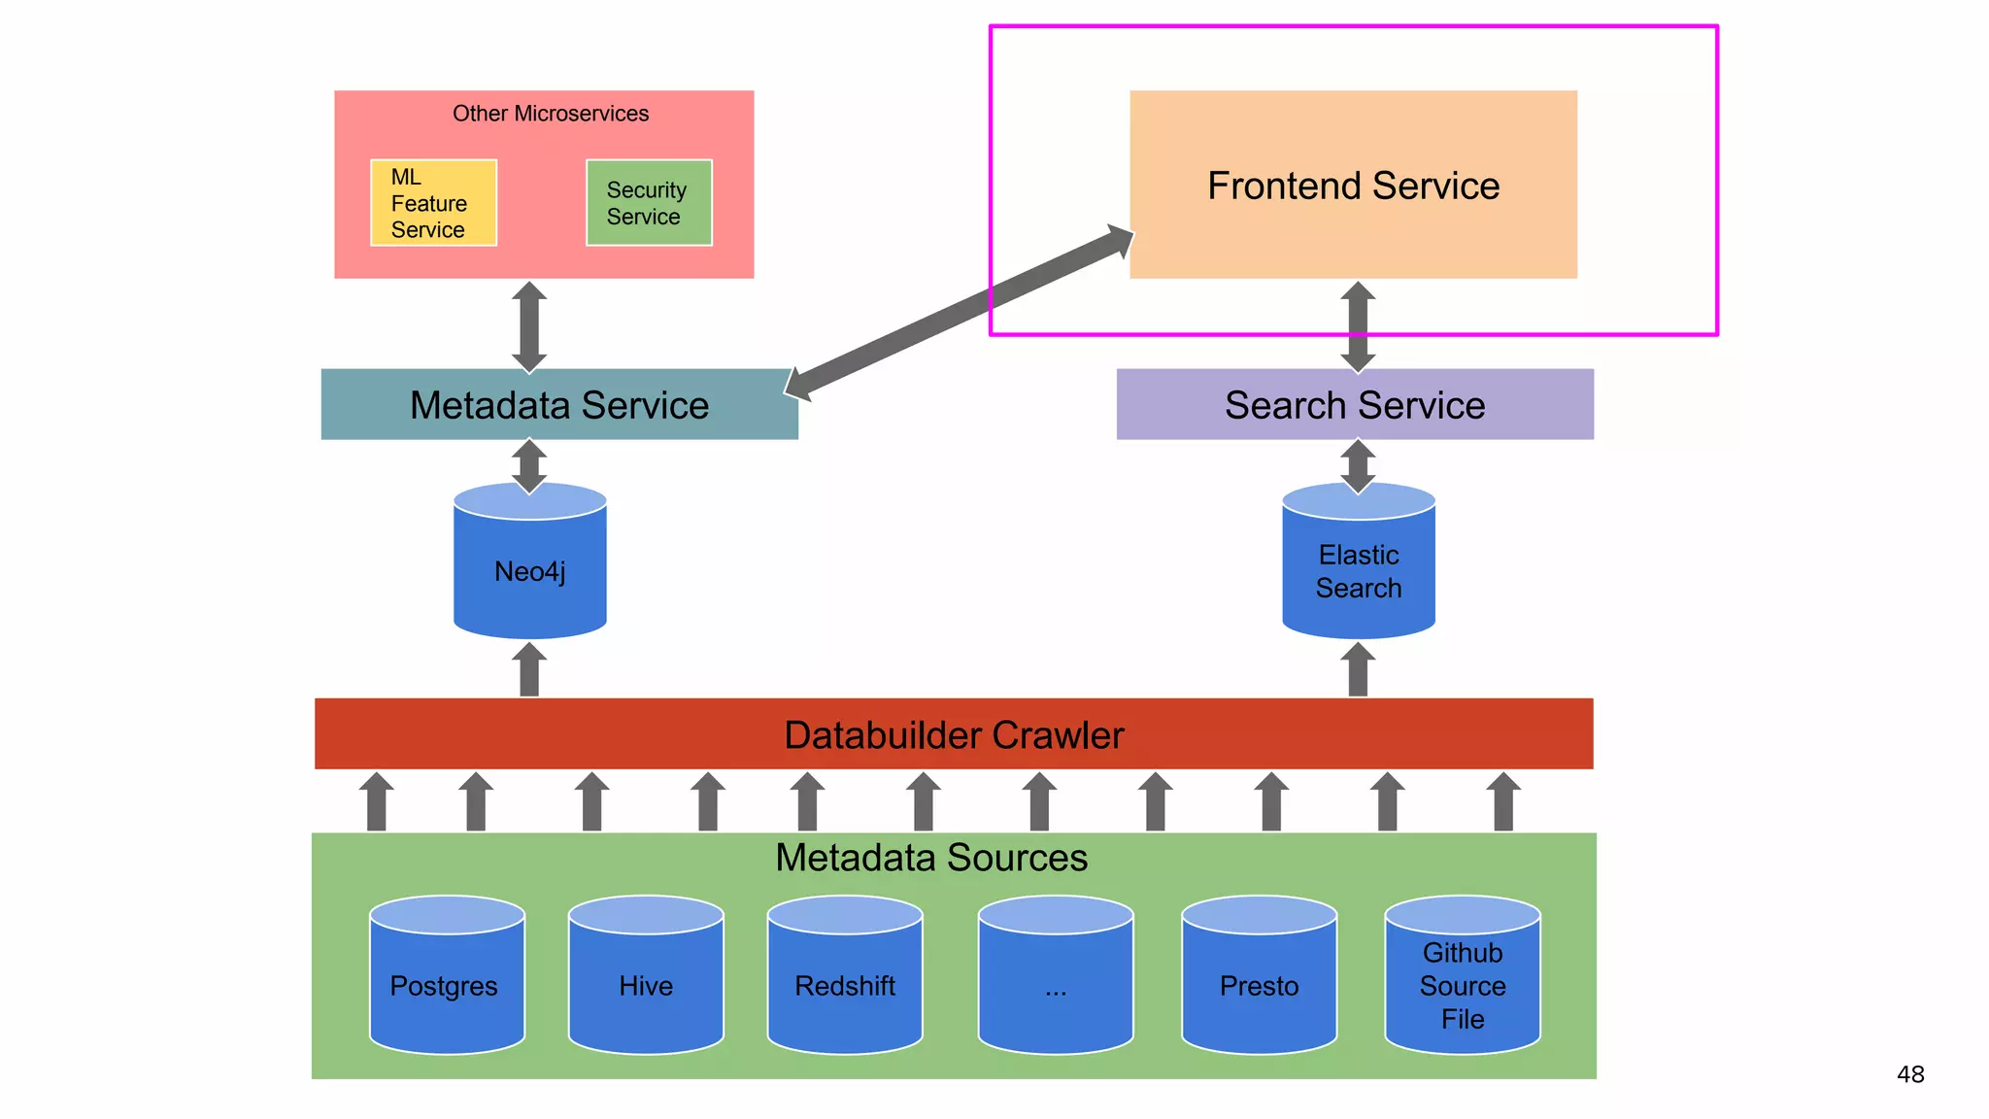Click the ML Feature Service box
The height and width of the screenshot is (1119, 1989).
coord(433,203)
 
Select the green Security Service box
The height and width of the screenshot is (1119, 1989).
coord(649,203)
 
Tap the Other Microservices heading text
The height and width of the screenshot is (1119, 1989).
coord(550,114)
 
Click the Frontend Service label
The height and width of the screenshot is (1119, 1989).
coord(1353,186)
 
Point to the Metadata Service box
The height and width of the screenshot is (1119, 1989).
coord(558,405)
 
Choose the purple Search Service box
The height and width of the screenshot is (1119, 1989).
coord(1354,405)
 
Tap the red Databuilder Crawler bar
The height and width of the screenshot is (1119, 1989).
coord(953,734)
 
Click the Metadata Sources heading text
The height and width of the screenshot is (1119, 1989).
coord(930,858)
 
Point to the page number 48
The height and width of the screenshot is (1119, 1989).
coord(1909,1074)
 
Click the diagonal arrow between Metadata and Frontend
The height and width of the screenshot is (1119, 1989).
coord(959,313)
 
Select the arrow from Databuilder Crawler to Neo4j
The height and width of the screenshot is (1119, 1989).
coord(529,670)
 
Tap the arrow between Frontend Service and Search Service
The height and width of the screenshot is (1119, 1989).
coord(1358,326)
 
